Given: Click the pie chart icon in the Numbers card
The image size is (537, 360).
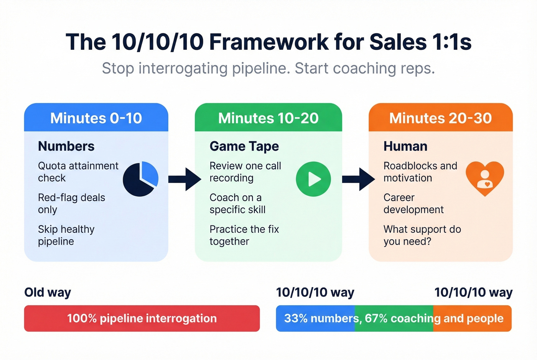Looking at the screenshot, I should pyautogui.click(x=140, y=179).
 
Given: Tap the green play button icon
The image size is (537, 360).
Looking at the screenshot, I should pyautogui.click(x=313, y=179).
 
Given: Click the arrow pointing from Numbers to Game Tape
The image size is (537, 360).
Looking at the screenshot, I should pyautogui.click(x=184, y=179).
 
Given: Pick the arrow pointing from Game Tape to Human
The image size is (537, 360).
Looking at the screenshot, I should pyautogui.click(x=358, y=179).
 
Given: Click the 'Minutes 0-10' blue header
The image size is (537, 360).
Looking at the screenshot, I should pyautogui.click(x=96, y=118).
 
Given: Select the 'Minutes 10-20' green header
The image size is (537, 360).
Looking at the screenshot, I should pyautogui.click(x=268, y=118).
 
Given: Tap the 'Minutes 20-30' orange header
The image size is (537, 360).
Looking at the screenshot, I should pyautogui.click(x=440, y=118).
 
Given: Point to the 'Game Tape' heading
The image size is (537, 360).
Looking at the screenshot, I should pyautogui.click(x=244, y=146).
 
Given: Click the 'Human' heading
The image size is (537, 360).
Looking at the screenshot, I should pyautogui.click(x=405, y=146).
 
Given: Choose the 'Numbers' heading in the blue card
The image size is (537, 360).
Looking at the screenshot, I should pyautogui.click(x=66, y=146).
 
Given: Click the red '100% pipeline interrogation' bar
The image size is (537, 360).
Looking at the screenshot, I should pyautogui.click(x=142, y=318).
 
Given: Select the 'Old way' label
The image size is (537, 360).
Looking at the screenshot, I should pyautogui.click(x=48, y=292).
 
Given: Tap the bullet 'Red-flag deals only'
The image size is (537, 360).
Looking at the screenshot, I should pyautogui.click(x=71, y=204).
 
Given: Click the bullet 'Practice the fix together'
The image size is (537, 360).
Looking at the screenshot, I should pyautogui.click(x=244, y=235).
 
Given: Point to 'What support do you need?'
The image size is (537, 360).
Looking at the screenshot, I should pyautogui.click(x=422, y=235).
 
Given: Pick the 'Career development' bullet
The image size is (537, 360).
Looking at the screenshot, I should pyautogui.click(x=413, y=204).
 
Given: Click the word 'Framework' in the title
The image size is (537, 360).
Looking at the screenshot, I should pyautogui.click(x=269, y=42).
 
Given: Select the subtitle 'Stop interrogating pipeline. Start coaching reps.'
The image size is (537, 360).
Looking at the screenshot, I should pyautogui.click(x=268, y=68).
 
